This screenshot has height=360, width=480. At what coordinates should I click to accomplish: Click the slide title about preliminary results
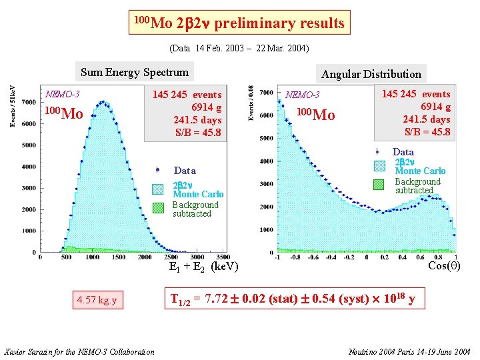239,23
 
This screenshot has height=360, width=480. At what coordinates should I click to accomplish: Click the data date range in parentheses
239,49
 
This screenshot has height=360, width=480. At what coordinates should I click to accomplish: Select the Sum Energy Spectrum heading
135,72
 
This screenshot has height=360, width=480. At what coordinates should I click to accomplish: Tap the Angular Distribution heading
371,73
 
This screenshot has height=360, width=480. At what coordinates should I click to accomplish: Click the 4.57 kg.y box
97,300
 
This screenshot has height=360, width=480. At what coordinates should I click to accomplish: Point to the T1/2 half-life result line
293,299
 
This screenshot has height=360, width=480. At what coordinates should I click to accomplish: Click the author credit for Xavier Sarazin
79,351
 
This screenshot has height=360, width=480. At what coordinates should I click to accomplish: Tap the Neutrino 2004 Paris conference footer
408,351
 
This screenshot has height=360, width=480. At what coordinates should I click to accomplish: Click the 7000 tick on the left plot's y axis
29,102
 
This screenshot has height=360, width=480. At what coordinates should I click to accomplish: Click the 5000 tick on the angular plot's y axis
266,138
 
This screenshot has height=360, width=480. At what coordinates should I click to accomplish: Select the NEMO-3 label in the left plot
61,94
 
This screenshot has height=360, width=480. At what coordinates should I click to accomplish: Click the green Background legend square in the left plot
158,207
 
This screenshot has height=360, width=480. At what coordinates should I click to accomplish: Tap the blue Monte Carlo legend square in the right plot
379,166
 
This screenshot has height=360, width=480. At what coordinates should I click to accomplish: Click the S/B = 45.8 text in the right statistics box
427,131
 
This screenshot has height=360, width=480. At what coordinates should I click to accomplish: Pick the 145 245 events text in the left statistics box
187,95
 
